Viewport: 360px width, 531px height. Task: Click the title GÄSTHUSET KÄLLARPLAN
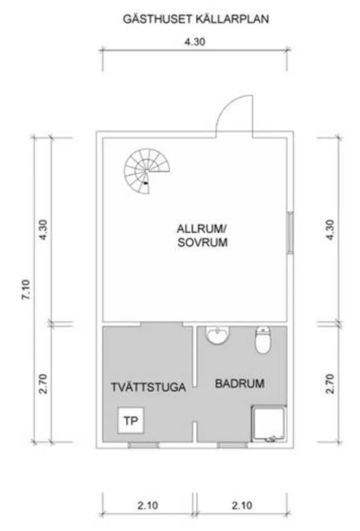pyautogui.click(x=195, y=20)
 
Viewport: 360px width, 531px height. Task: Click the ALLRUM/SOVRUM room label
pyautogui.click(x=202, y=235)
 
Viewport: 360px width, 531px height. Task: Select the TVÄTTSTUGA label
pyautogui.click(x=148, y=387)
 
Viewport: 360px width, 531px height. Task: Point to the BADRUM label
pyautogui.click(x=240, y=383)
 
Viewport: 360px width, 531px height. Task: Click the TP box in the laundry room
pyautogui.click(x=131, y=421)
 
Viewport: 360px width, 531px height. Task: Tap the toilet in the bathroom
pyautogui.click(x=263, y=340)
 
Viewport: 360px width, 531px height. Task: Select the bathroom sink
pyautogui.click(x=217, y=335)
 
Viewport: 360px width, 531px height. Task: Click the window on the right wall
pyautogui.click(x=290, y=232)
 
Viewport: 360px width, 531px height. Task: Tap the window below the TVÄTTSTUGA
pyautogui.click(x=144, y=445)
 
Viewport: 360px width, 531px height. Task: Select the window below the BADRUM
pyautogui.click(x=231, y=445)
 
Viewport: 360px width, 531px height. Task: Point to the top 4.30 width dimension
pyautogui.click(x=195, y=42)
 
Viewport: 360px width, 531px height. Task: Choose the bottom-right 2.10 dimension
pyautogui.click(x=241, y=504)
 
